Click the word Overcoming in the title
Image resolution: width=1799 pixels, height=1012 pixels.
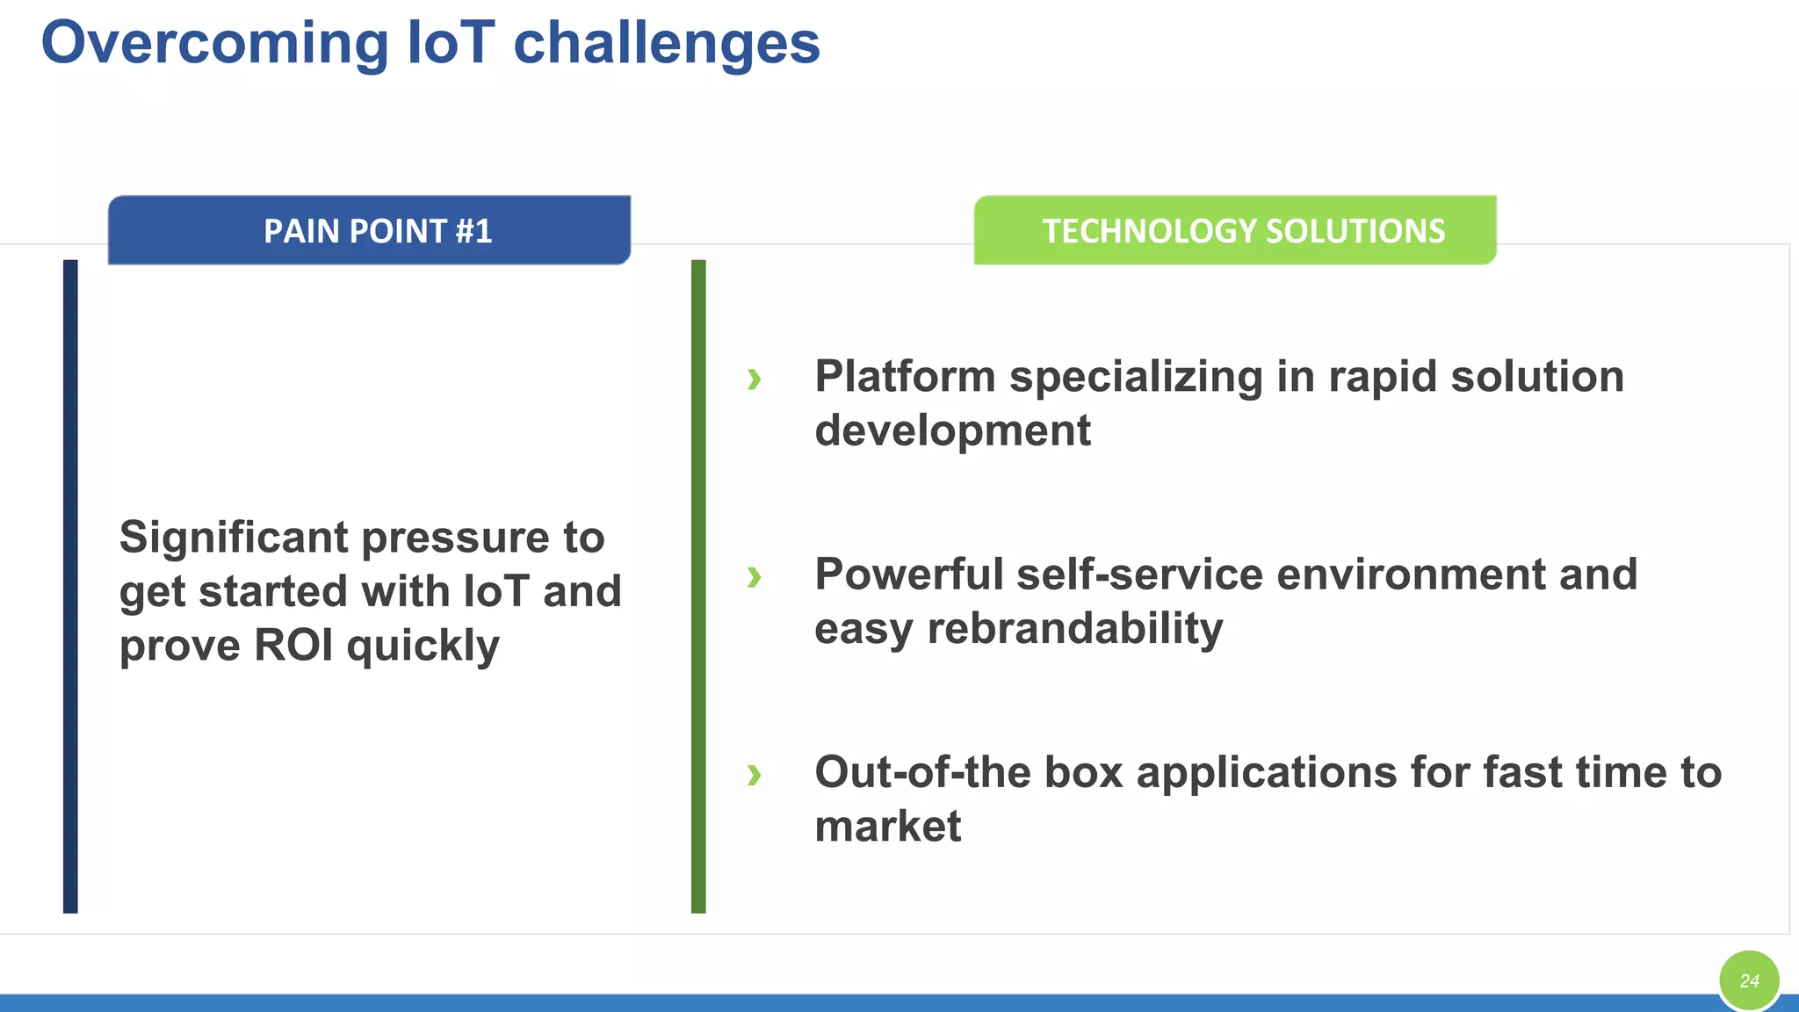[214, 44]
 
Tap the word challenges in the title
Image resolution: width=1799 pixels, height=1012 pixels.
[666, 44]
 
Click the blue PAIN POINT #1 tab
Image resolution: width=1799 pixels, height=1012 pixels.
[369, 230]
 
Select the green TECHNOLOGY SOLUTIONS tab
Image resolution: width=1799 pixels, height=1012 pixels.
[1235, 230]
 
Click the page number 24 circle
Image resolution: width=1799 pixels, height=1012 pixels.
[1749, 980]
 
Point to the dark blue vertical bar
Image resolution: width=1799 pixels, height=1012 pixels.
[70, 586]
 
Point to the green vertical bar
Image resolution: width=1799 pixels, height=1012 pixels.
[698, 586]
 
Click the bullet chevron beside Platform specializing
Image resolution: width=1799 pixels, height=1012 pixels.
[754, 379]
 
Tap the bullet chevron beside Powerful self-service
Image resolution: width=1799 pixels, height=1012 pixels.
[754, 577]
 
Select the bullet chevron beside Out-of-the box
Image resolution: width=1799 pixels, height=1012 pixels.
[754, 775]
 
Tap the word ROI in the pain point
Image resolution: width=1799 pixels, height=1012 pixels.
[293, 645]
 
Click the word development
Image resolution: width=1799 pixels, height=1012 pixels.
[952, 431]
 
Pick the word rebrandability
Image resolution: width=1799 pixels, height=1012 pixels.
[1074, 629]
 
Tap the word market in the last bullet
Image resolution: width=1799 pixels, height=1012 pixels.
[887, 827]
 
